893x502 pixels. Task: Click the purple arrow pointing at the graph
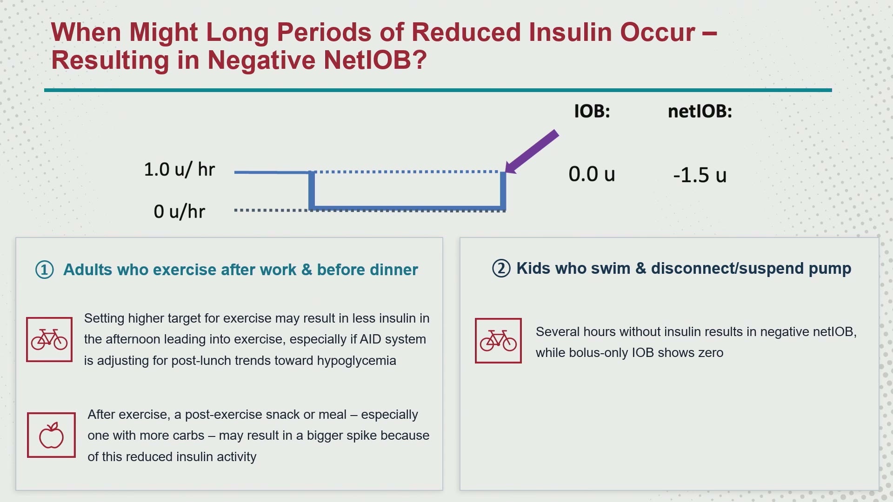532,152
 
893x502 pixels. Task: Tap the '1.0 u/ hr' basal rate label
179,170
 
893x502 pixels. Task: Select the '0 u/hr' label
179,211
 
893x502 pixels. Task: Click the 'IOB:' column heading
592,111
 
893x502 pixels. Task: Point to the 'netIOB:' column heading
700,111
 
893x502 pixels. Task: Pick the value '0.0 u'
592,174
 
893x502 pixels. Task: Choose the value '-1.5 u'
700,175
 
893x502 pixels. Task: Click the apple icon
51,435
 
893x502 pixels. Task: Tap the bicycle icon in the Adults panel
49,339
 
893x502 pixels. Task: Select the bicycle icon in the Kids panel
498,341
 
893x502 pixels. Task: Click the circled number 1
45,270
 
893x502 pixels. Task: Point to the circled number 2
501,269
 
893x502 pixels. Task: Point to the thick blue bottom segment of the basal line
407,208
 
